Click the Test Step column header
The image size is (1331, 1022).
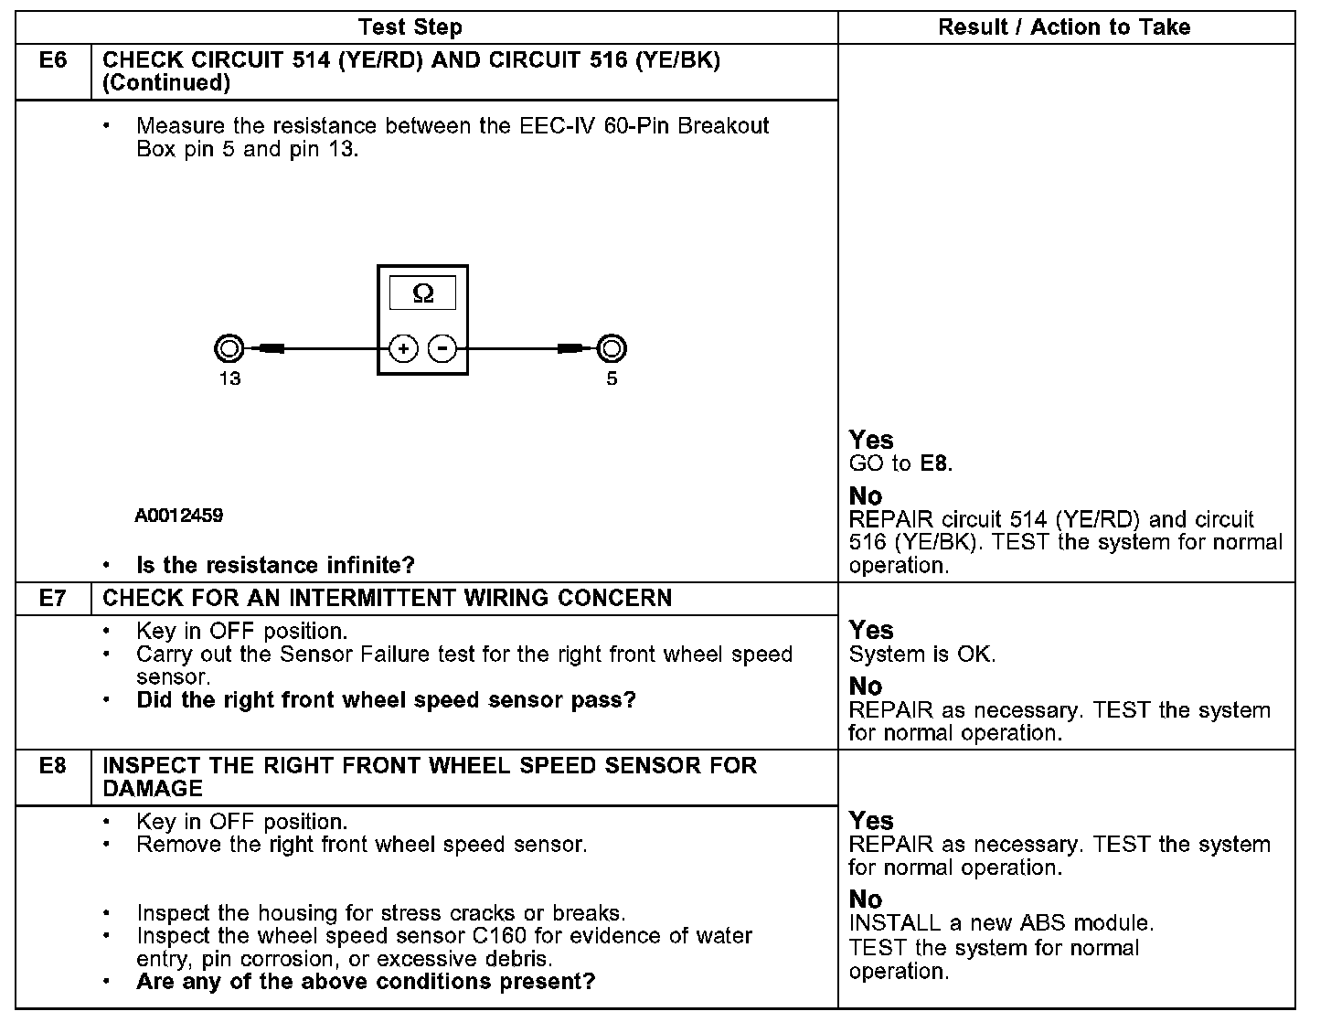[x=410, y=27]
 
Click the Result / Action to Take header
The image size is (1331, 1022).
[x=1064, y=27]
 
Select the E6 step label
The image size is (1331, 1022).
[x=53, y=61]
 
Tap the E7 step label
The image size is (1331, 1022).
[x=53, y=599]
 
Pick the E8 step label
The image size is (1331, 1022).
[x=53, y=766]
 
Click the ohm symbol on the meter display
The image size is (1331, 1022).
[x=422, y=293]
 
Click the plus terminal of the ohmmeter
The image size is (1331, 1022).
[x=404, y=348]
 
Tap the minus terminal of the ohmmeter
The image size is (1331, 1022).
[x=442, y=348]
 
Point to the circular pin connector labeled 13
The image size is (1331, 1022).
[x=229, y=348]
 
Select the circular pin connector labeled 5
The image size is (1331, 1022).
[x=612, y=348]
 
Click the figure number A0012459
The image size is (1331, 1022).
[x=179, y=516]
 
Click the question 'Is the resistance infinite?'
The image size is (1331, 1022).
[x=275, y=566]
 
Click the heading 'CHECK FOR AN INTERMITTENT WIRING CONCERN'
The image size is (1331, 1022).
[x=387, y=599]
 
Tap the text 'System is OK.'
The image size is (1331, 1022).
[x=921, y=655]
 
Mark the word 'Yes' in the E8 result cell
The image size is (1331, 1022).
[x=870, y=821]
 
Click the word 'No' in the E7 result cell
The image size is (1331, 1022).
[x=866, y=687]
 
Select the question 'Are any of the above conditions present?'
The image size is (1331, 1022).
[x=366, y=982]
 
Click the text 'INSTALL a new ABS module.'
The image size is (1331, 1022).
[x=1001, y=923]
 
